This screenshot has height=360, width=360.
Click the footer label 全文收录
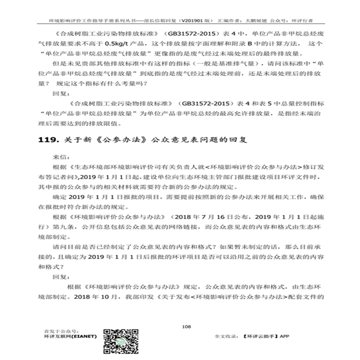pos(225,336)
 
